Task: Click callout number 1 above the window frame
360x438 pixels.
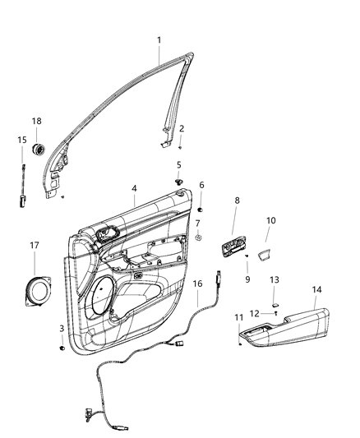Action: click(159, 39)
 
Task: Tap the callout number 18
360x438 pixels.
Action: click(36, 121)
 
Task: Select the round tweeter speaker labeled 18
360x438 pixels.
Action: click(37, 150)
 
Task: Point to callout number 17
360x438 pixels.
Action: click(34, 245)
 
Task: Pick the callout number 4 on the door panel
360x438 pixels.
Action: click(134, 188)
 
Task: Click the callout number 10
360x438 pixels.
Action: click(270, 220)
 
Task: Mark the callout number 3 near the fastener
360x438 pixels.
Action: click(62, 329)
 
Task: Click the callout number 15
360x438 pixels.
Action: click(22, 141)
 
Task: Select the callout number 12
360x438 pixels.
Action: click(254, 313)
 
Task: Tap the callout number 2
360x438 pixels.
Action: click(181, 128)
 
